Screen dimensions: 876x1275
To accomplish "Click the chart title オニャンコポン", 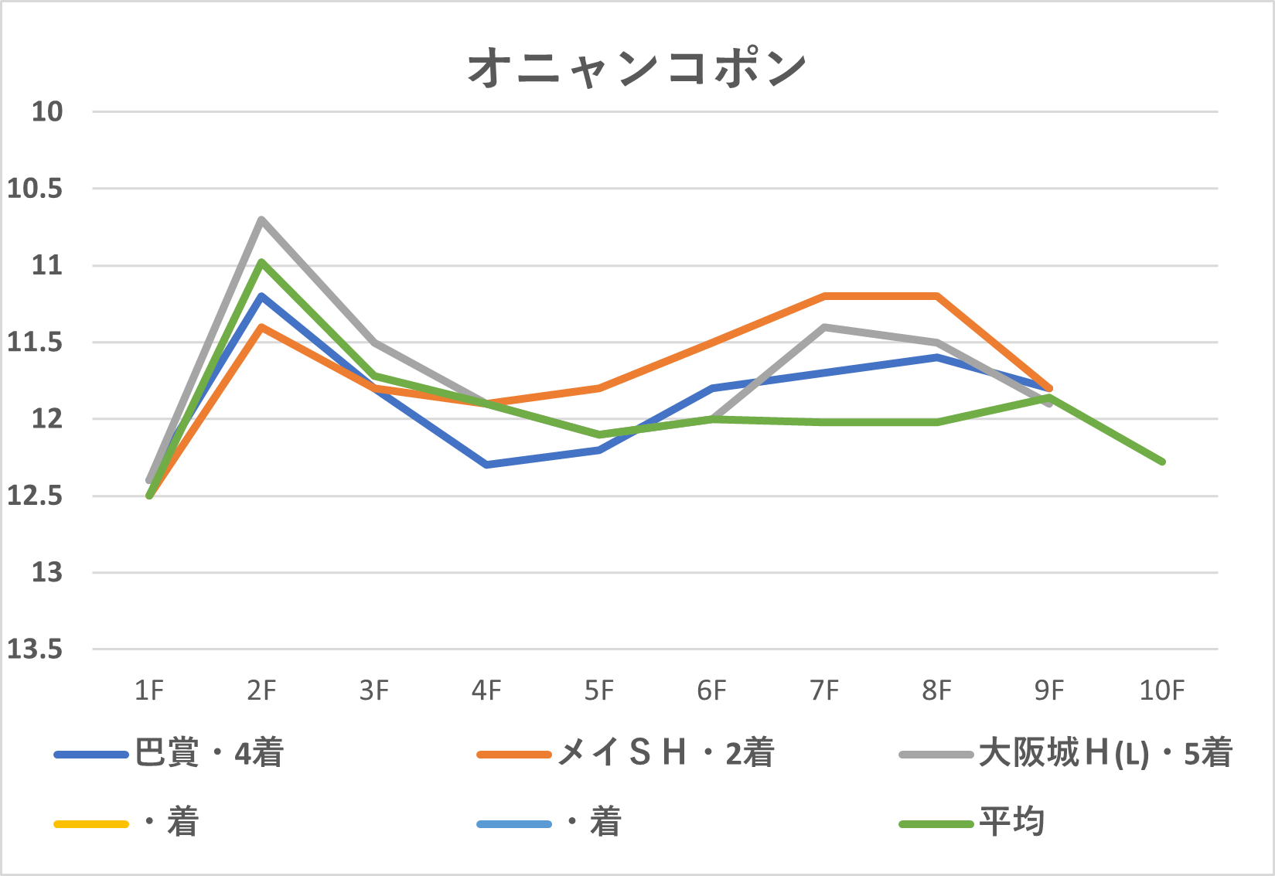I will (637, 68).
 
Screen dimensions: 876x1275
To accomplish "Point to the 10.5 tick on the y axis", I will (35, 189).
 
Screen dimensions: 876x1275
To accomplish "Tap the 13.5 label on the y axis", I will (35, 649).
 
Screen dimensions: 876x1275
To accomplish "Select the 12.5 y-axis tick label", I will (35, 496).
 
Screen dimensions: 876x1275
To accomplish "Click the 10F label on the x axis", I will (1161, 690).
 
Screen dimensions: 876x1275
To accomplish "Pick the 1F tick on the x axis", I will (149, 690).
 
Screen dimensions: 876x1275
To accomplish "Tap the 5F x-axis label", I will (599, 690).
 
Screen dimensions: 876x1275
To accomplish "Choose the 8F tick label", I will (936, 690).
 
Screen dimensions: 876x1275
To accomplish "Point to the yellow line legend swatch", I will (91, 824).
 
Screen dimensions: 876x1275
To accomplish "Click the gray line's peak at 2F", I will (262, 220).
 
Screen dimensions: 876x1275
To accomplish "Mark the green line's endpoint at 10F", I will (1162, 462).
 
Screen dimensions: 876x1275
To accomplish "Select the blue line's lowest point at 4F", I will (486, 465).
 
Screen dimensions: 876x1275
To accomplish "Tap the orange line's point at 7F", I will (825, 296).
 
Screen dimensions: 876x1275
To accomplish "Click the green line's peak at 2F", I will (262, 261).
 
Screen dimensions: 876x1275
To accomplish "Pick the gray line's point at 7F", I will (825, 327).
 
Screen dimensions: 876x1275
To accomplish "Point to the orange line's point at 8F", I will (937, 296).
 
